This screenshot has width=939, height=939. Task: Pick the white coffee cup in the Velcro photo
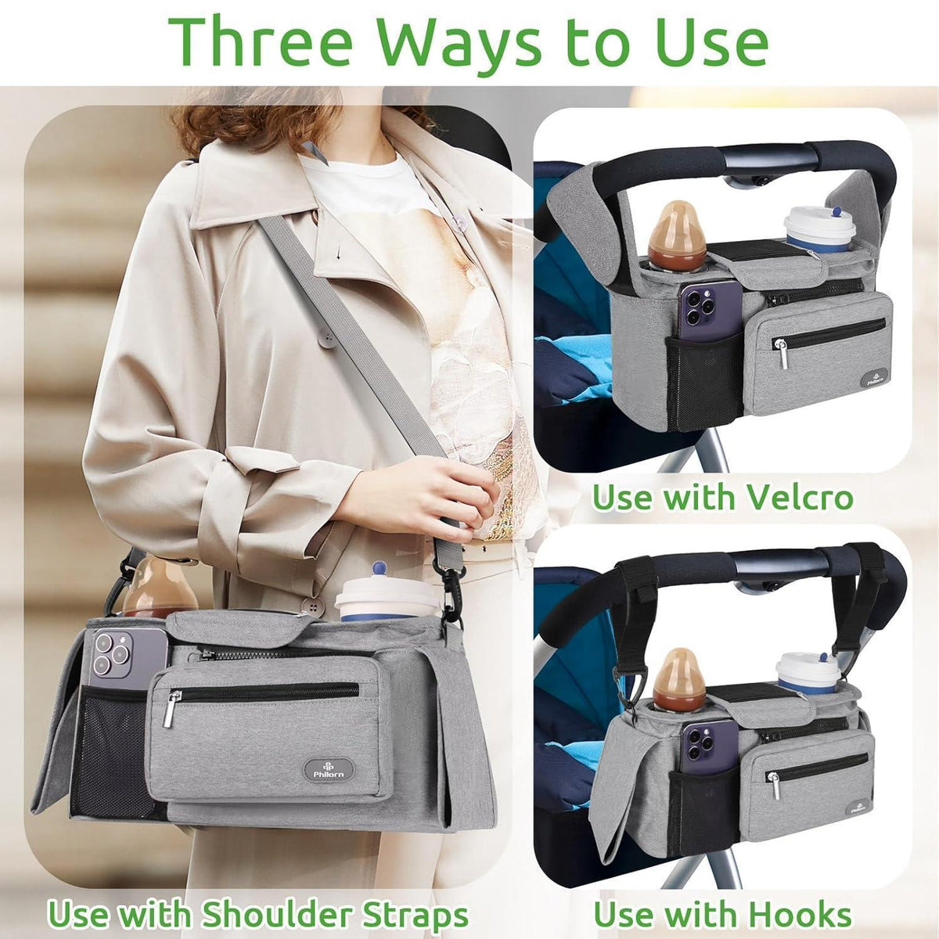820,229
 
